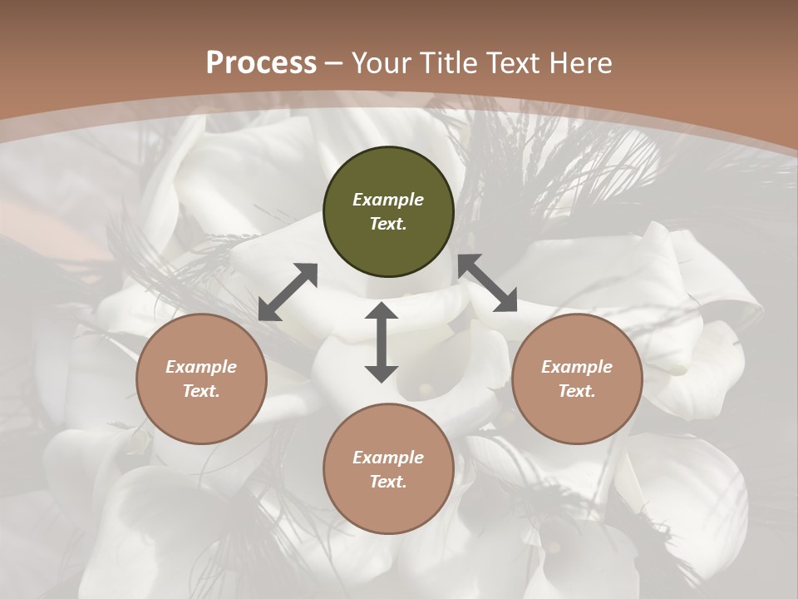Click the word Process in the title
click(261, 63)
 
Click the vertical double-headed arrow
click(382, 342)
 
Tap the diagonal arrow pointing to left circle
click(288, 292)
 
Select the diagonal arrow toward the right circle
click(487, 284)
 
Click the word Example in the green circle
click(388, 200)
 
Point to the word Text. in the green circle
click(388, 224)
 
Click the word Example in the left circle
click(201, 367)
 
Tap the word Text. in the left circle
click(201, 391)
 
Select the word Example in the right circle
click(577, 367)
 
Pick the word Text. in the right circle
click(577, 391)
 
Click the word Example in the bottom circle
click(388, 458)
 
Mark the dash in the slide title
click(334, 63)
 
